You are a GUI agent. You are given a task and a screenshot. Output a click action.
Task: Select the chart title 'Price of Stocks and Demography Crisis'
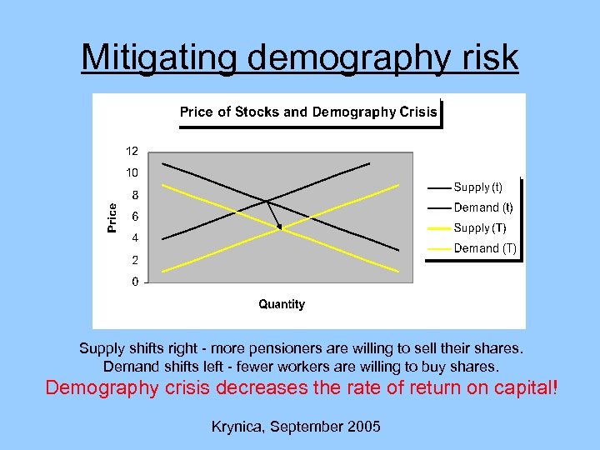pos(308,112)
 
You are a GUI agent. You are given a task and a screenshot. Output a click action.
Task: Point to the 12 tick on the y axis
pos(132,152)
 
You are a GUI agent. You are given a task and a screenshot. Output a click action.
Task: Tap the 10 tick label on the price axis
pos(132,173)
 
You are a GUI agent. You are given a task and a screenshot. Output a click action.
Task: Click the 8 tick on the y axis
pos(135,195)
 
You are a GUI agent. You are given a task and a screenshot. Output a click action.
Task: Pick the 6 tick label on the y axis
pos(135,217)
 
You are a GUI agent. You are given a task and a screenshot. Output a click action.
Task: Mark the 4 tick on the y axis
pos(135,238)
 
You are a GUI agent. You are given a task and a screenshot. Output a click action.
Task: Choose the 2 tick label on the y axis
pos(135,260)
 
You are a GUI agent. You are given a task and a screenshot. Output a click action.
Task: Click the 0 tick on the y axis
pos(135,282)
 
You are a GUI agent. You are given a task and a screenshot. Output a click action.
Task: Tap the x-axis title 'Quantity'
pos(282,304)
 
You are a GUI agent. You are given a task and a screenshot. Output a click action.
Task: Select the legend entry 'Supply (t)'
pos(477,187)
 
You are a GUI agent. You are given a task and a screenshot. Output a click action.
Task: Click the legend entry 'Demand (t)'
pos(482,207)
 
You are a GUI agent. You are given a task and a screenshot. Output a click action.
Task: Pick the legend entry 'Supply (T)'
pos(479,227)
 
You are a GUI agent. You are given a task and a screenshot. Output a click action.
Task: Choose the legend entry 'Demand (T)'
pos(485,247)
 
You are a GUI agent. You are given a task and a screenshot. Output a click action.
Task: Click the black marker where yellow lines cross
pos(279,227)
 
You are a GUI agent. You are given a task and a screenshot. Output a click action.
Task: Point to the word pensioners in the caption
pos(317,347)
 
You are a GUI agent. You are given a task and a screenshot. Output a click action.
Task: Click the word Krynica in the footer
pos(237,427)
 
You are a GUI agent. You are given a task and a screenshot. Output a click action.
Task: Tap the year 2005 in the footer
pos(363,427)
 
